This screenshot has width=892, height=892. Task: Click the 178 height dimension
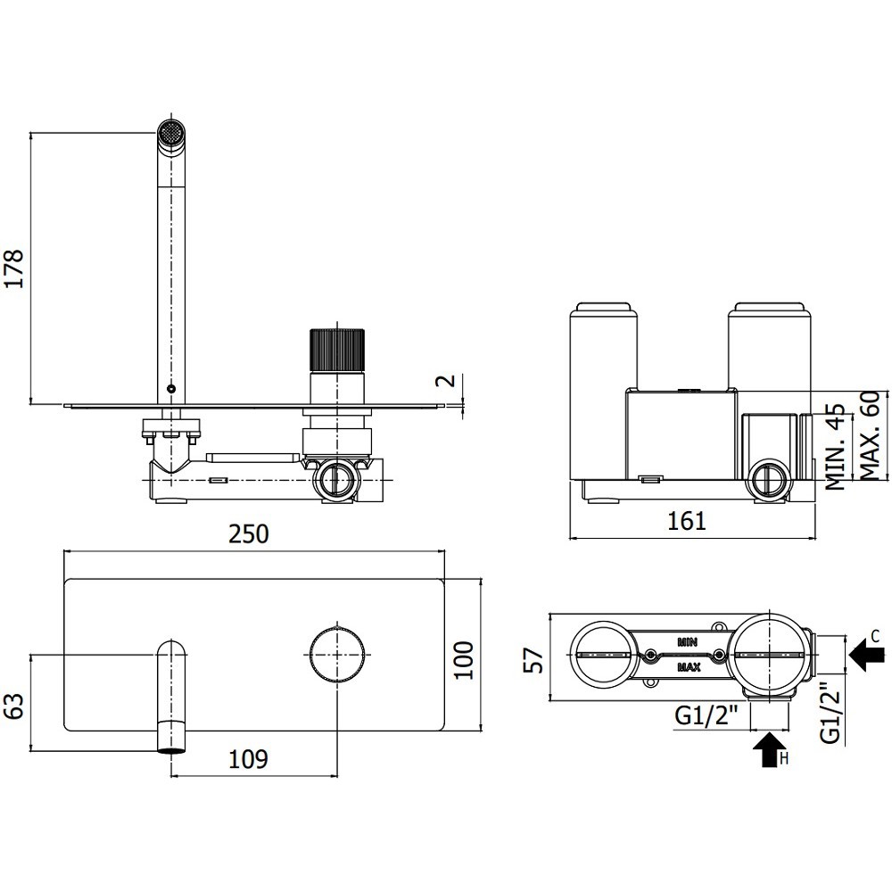coord(13,268)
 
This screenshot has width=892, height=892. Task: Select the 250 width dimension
coord(249,534)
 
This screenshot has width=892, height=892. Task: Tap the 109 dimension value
coord(248,759)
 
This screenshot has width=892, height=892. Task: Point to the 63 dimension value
coord(15,706)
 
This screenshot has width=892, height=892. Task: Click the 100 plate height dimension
coord(464,659)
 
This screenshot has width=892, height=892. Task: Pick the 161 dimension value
coord(687,521)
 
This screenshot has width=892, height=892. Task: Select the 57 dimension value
coord(533,660)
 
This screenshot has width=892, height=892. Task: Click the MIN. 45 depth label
coord(835,447)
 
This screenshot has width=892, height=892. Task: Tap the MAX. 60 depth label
coord(871,436)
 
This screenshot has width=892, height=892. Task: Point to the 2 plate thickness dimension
coord(449,380)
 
